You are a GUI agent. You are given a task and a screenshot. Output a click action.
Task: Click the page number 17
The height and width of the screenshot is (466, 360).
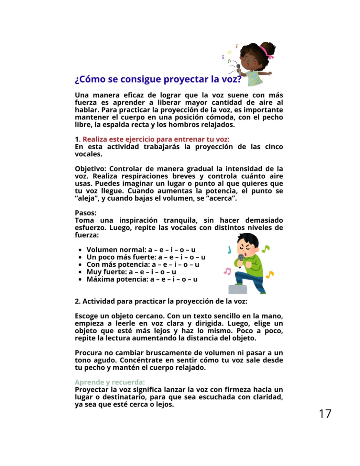coord(325,414)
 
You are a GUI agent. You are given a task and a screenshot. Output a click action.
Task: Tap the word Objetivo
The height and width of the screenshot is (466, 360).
coord(90,169)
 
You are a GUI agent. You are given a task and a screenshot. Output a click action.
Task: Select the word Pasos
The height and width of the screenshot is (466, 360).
coord(85,213)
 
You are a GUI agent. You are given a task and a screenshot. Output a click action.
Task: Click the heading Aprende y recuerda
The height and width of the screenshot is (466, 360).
coord(110,382)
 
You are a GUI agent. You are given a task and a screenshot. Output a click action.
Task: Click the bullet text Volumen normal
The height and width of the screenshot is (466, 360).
coord(116,250)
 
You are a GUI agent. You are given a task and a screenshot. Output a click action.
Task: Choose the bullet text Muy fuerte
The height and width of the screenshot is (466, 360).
coord(106,272)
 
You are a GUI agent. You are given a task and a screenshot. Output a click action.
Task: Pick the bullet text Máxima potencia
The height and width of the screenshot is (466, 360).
coord(117,279)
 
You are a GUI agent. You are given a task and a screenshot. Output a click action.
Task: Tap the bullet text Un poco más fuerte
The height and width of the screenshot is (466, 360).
coord(121,257)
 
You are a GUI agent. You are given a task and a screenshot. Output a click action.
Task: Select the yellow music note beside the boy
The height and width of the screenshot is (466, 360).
coord(269,274)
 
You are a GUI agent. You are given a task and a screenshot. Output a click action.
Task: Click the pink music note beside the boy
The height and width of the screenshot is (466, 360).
coord(227,271)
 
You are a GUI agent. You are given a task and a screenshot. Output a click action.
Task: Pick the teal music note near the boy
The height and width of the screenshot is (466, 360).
coord(229,250)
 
